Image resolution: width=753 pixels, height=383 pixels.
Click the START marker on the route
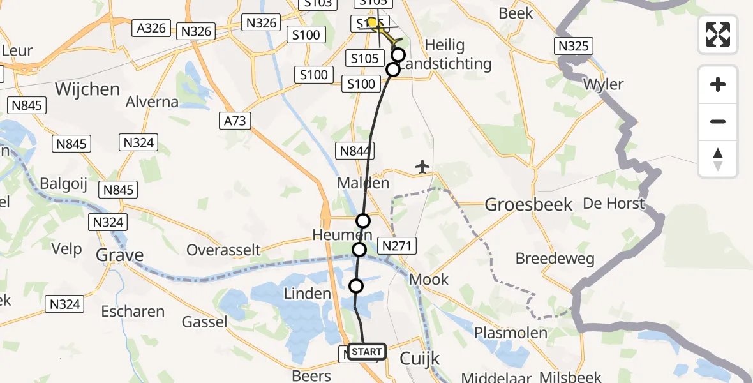click(x=367, y=352)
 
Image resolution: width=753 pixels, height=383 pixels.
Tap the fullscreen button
click(x=718, y=34)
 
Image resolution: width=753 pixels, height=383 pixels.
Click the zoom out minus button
click(x=718, y=121)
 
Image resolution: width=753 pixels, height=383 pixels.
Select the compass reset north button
click(x=718, y=158)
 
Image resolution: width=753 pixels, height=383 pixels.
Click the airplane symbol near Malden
click(x=422, y=167)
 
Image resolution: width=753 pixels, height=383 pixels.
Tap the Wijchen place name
click(x=87, y=89)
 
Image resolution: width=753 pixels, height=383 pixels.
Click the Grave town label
click(x=119, y=255)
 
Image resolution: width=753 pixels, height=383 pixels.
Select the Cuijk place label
click(x=419, y=359)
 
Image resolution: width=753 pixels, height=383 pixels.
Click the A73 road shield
click(x=235, y=121)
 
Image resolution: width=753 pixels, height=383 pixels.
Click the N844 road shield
click(x=355, y=151)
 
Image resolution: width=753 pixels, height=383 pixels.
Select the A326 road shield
click(x=152, y=27)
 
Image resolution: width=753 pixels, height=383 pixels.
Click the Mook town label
click(x=429, y=279)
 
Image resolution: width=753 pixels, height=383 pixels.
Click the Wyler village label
click(x=604, y=84)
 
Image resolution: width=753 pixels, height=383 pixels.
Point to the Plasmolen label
click(x=511, y=333)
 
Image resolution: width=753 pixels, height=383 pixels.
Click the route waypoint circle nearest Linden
click(x=356, y=285)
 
